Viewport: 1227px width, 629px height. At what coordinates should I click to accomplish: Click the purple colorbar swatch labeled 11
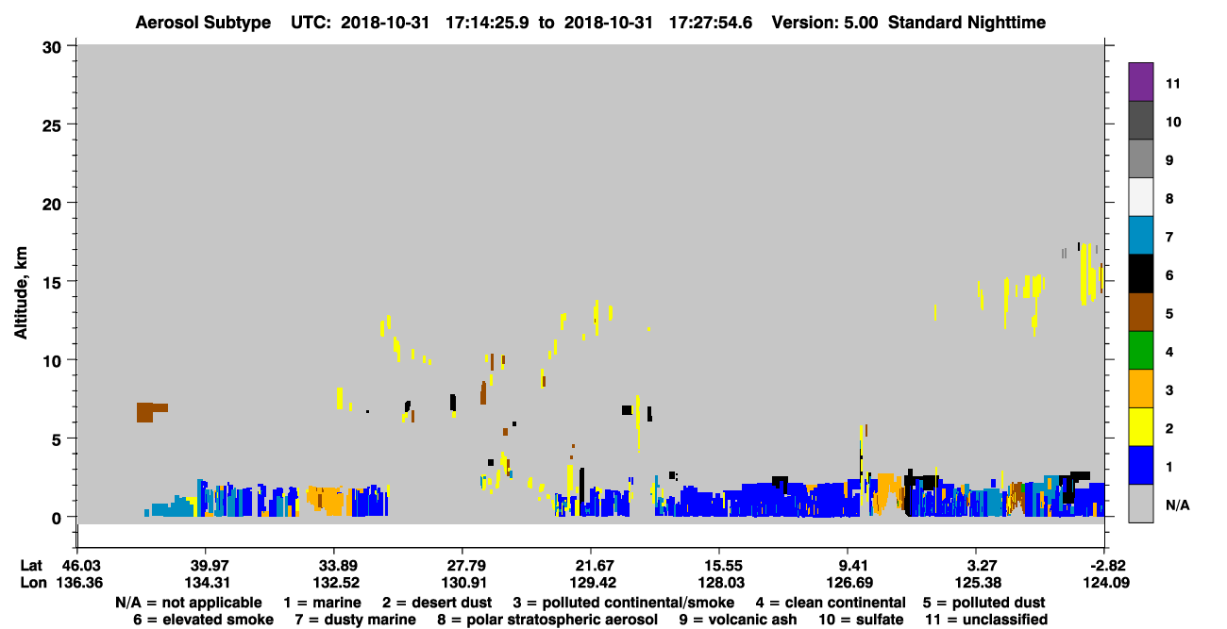[x=1140, y=81]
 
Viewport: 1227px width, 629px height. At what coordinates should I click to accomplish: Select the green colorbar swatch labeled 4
[x=1140, y=351]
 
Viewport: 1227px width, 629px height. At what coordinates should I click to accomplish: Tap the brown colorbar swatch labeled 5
[x=1140, y=312]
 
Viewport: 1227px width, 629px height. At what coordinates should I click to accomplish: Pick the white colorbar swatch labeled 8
[x=1140, y=197]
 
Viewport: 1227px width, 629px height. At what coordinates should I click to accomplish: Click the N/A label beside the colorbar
[x=1177, y=505]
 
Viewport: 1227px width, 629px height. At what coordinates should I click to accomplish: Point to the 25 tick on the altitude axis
[x=52, y=125]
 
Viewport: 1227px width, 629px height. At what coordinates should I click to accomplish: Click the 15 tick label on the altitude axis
[x=52, y=283]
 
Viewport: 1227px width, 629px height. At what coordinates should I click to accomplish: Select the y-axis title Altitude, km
[x=20, y=292]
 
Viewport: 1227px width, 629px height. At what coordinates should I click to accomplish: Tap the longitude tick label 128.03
[x=721, y=583]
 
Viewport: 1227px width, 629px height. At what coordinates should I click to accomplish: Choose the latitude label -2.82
[x=1106, y=566]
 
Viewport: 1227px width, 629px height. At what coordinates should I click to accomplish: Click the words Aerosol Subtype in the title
[x=203, y=23]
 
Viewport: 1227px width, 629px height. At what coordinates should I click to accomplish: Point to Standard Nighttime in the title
[x=966, y=23]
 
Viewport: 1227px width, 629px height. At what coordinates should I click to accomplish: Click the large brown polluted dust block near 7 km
[x=145, y=412]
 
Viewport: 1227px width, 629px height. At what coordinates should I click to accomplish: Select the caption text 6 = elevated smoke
[x=203, y=620]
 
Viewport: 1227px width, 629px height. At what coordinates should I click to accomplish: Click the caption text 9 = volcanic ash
[x=738, y=620]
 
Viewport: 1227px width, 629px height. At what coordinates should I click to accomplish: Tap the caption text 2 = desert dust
[x=437, y=603]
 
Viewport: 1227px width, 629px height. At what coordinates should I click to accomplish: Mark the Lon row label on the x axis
[x=33, y=583]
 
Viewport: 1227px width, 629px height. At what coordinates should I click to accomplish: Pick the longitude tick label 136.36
[x=79, y=583]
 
